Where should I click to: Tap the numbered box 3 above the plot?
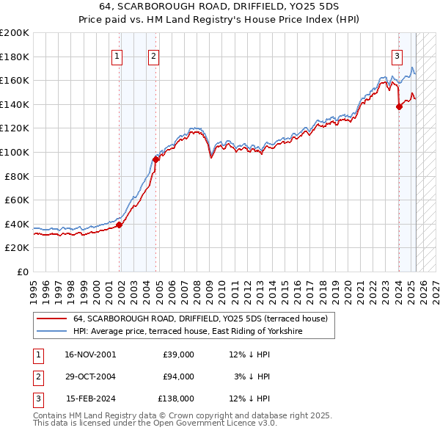pyautogui.click(x=397, y=55)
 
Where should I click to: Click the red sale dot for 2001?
pyautogui.click(x=119, y=225)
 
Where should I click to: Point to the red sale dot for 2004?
pyautogui.click(x=155, y=159)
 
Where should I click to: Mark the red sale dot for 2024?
pyautogui.click(x=399, y=106)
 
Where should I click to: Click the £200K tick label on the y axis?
pyautogui.click(x=15, y=33)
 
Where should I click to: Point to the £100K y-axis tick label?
pyautogui.click(x=15, y=152)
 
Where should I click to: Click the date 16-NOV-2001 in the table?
pyautogui.click(x=91, y=354)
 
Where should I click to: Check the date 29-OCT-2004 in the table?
pyautogui.click(x=91, y=376)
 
